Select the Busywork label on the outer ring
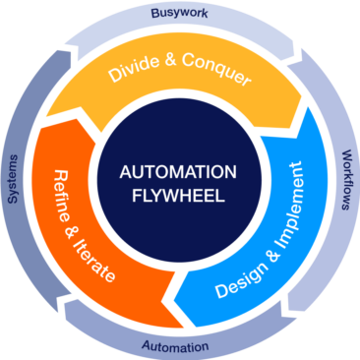(x=180, y=13)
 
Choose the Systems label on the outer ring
(x=13, y=179)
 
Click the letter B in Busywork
(x=154, y=14)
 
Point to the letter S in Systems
(x=13, y=201)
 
